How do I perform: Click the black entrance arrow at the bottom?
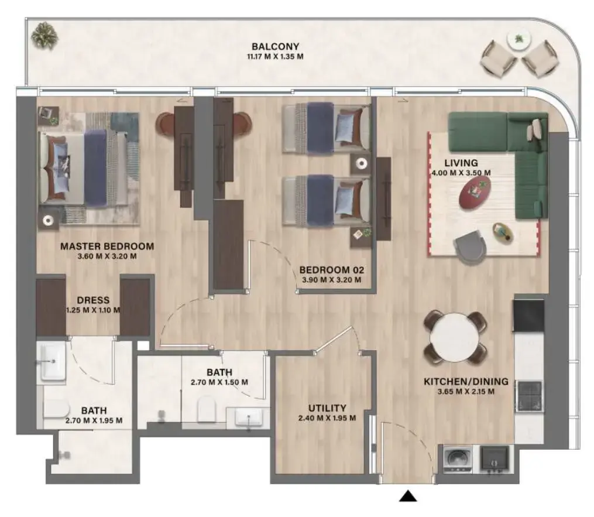coord(408,497)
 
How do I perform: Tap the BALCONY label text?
coord(275,46)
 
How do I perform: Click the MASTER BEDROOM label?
coord(107,246)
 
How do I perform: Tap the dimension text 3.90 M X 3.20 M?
coord(331,280)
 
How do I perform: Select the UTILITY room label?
coord(327,408)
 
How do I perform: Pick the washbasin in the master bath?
coord(52,362)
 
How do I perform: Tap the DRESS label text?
coord(93,300)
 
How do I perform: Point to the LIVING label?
coord(461,163)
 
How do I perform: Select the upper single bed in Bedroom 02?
coord(326,127)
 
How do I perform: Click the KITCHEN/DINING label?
coord(465,382)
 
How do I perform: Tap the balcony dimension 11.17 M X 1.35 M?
coord(275,57)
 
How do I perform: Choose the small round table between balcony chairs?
coord(518,40)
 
